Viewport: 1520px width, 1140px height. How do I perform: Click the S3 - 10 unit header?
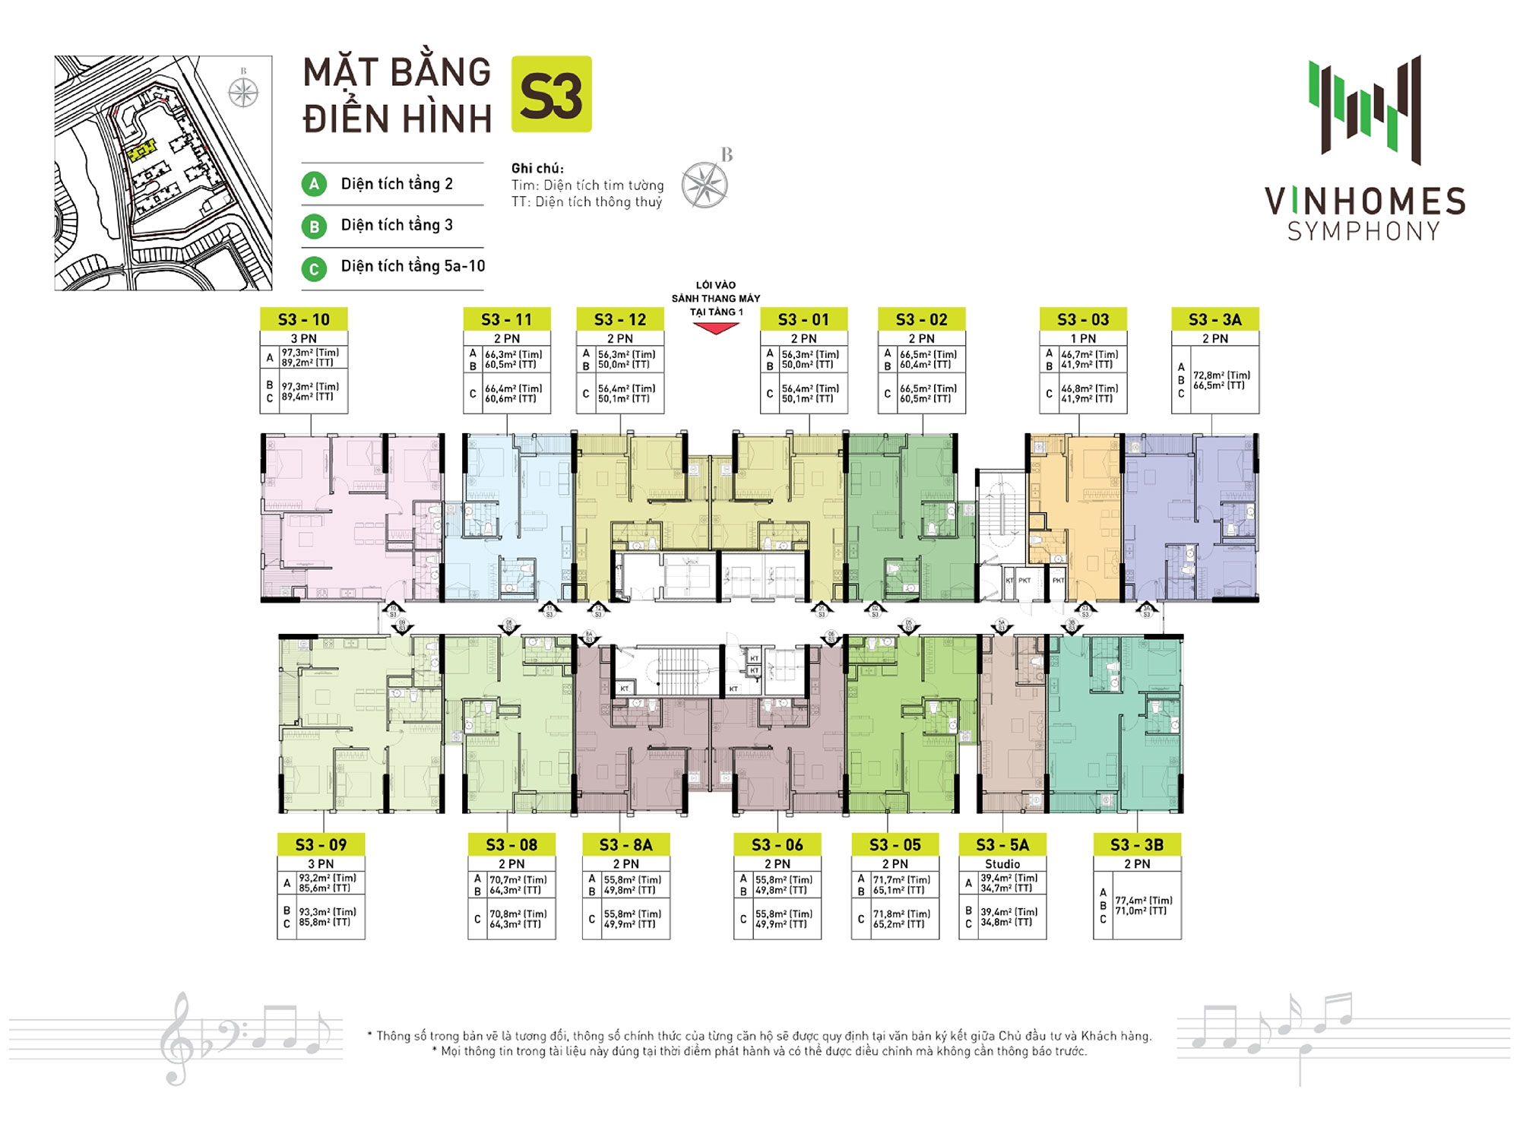303,319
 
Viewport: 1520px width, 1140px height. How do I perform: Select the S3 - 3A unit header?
1214,319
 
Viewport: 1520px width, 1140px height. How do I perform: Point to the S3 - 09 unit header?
321,844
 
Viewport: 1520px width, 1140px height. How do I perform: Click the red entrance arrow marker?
715,328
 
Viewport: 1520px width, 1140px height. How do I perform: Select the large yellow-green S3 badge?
551,94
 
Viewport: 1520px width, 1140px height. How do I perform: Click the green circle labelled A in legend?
314,184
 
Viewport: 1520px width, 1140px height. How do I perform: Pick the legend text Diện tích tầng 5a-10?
413,266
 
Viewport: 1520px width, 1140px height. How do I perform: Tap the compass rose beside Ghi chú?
705,185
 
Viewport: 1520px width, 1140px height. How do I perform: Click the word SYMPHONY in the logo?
1363,231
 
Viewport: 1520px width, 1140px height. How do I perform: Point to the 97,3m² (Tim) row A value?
310,353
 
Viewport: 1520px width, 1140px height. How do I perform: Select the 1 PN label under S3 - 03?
1083,338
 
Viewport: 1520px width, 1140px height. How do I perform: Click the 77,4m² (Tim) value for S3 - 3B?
1143,901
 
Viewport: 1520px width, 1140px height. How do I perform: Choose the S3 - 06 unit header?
777,844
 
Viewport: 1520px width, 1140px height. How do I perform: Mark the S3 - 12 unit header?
620,319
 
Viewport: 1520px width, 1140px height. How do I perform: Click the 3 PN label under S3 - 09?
321,863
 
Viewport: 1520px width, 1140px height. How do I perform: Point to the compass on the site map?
243,93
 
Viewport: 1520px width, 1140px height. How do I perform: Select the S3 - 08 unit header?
511,844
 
